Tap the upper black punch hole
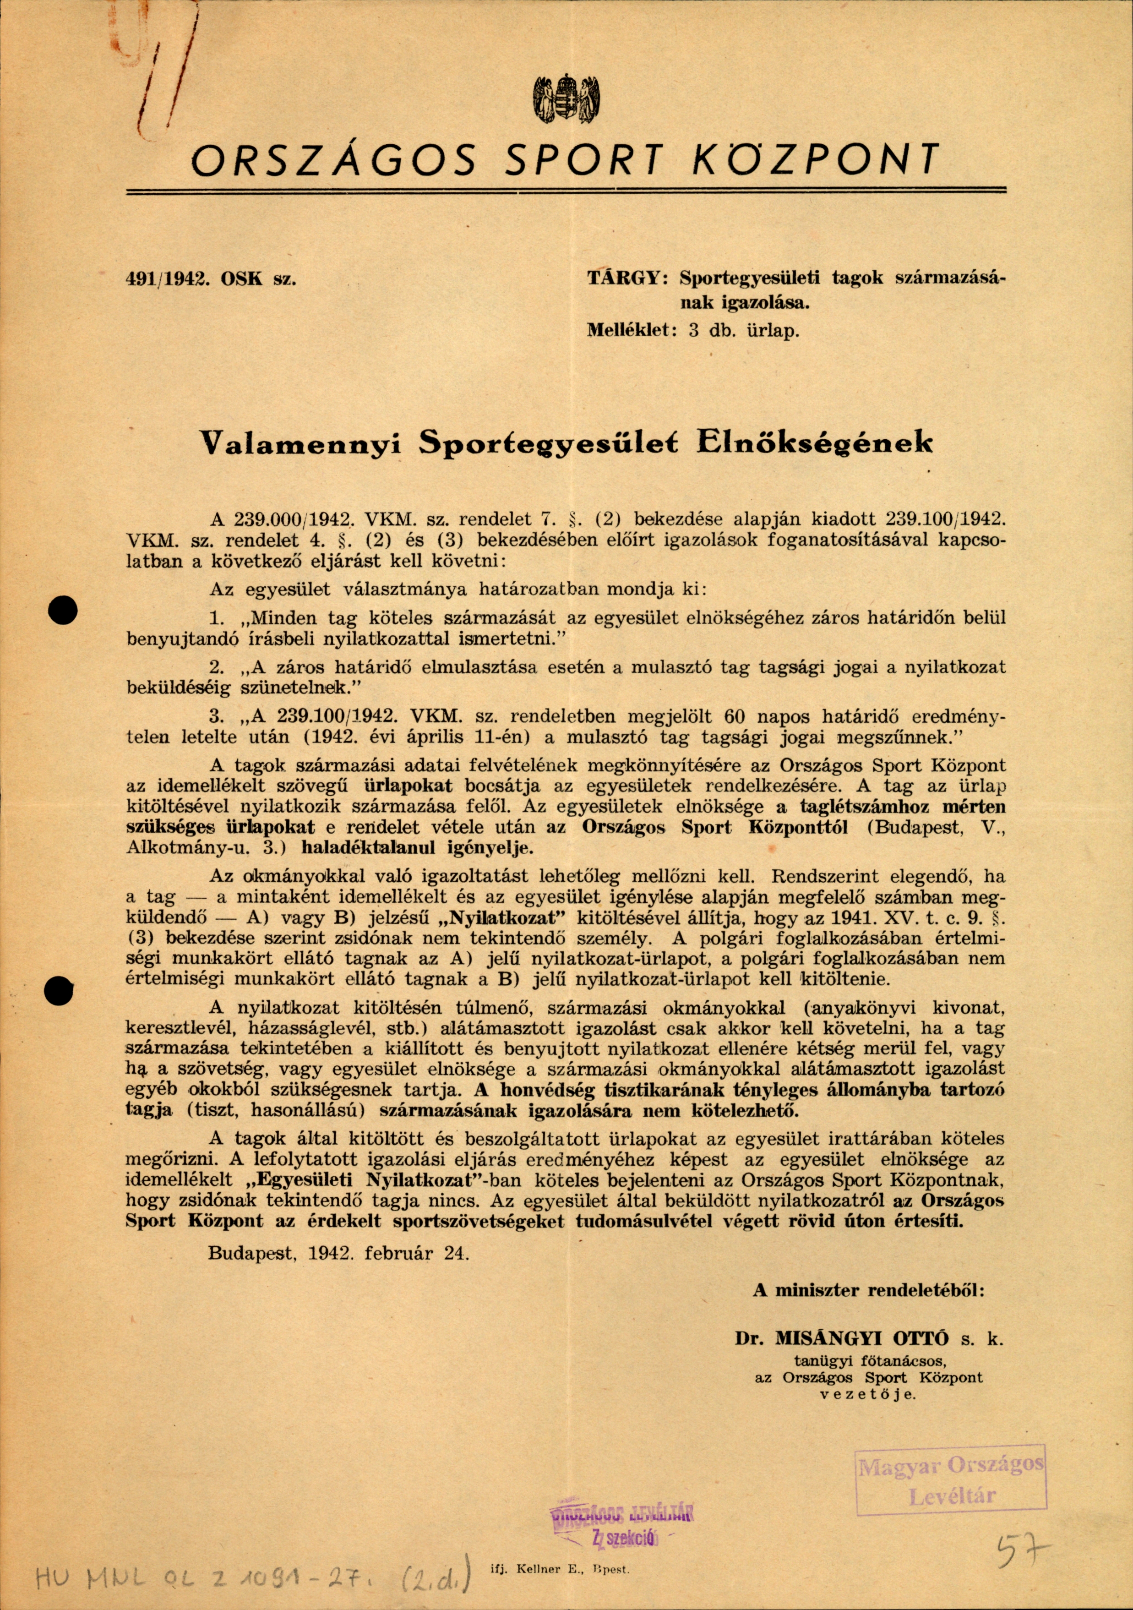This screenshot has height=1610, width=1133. point(62,611)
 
